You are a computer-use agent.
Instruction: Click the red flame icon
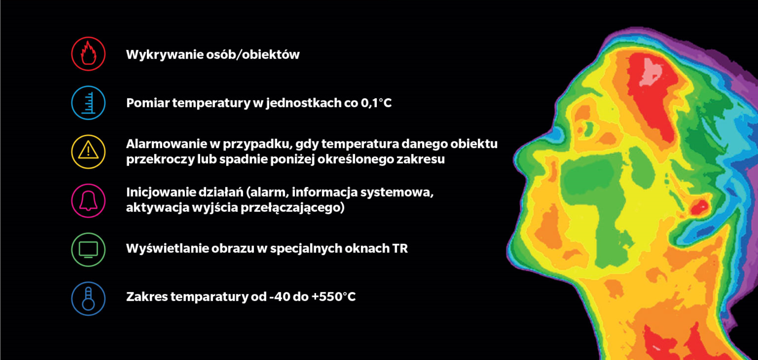(88, 54)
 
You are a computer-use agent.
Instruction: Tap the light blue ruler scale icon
(88, 103)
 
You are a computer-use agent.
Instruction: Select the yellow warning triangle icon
(88, 152)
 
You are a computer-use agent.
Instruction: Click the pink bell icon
(88, 201)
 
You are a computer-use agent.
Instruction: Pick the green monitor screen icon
(88, 250)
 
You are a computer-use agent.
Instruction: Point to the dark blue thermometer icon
(88, 298)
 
